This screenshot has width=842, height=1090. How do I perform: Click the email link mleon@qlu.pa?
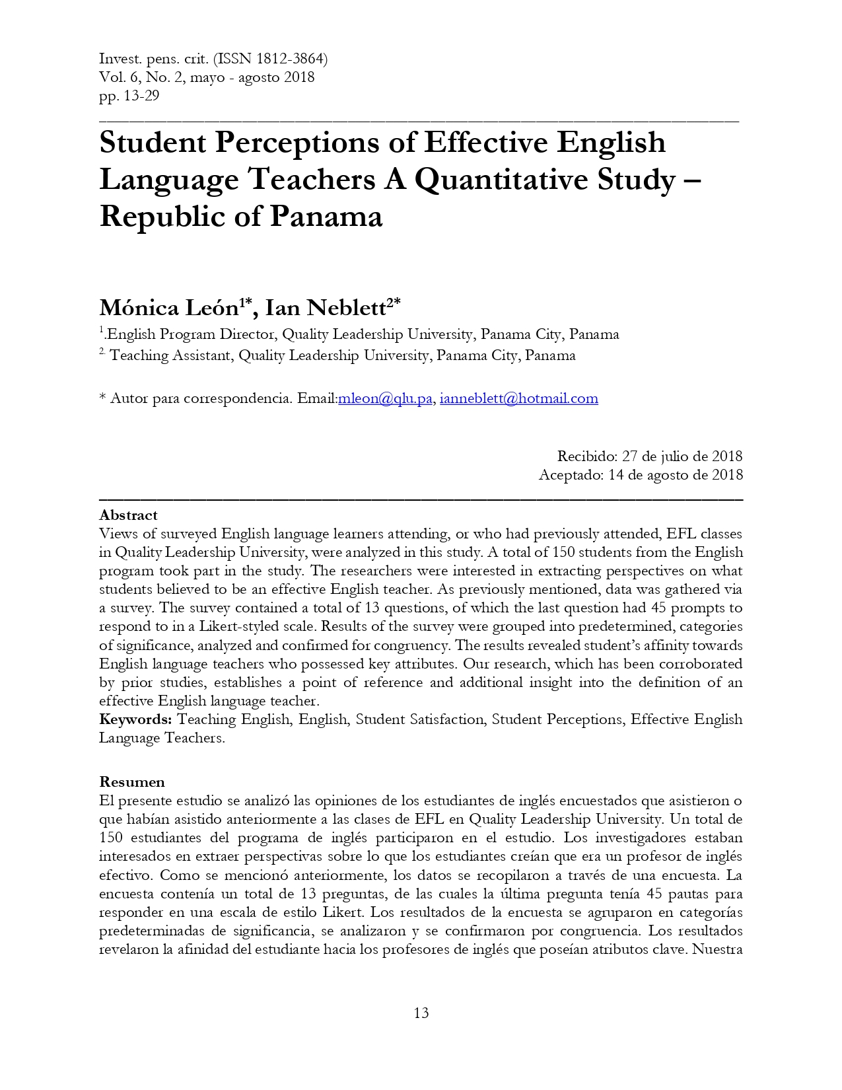tap(385, 398)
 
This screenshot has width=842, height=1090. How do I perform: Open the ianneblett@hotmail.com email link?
tap(518, 398)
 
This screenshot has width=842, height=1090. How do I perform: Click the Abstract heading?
tap(128, 515)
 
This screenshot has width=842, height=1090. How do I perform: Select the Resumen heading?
tap(132, 782)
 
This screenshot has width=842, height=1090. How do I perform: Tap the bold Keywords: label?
tap(135, 719)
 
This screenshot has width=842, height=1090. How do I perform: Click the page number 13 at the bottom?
tap(421, 1013)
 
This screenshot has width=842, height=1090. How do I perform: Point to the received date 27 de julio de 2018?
tap(682, 456)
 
